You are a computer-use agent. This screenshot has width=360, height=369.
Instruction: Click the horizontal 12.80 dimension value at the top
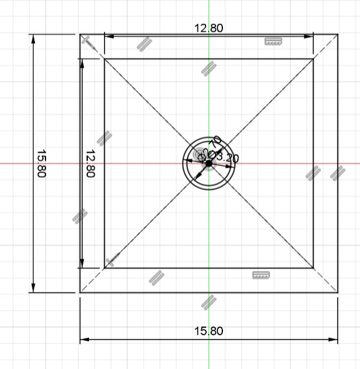click(209, 27)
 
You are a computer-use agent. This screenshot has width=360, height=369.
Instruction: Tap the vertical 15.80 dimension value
click(42, 163)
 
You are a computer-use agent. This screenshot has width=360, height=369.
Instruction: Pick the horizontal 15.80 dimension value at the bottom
click(209, 331)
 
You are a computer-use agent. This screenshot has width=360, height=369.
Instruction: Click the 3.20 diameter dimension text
click(227, 158)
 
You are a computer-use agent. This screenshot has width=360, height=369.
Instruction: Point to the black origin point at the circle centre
click(209, 163)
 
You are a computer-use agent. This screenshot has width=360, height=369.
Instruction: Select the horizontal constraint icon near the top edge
click(273, 41)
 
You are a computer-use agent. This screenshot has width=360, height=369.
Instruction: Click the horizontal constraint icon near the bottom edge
click(260, 275)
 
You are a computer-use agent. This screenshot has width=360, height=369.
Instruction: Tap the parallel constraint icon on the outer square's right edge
click(337, 173)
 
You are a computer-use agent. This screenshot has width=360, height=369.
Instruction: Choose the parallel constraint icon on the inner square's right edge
click(312, 173)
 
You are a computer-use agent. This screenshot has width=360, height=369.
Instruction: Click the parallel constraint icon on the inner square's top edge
click(209, 67)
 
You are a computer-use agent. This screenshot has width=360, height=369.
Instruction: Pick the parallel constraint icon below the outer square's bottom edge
click(209, 302)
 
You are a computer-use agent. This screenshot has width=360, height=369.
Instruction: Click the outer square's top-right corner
click(338, 34)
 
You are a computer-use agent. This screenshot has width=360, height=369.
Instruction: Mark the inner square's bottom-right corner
click(313, 269)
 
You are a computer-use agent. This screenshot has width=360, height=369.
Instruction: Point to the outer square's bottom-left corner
click(80, 292)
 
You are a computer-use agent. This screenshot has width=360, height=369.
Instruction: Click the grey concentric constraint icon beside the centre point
click(199, 153)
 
